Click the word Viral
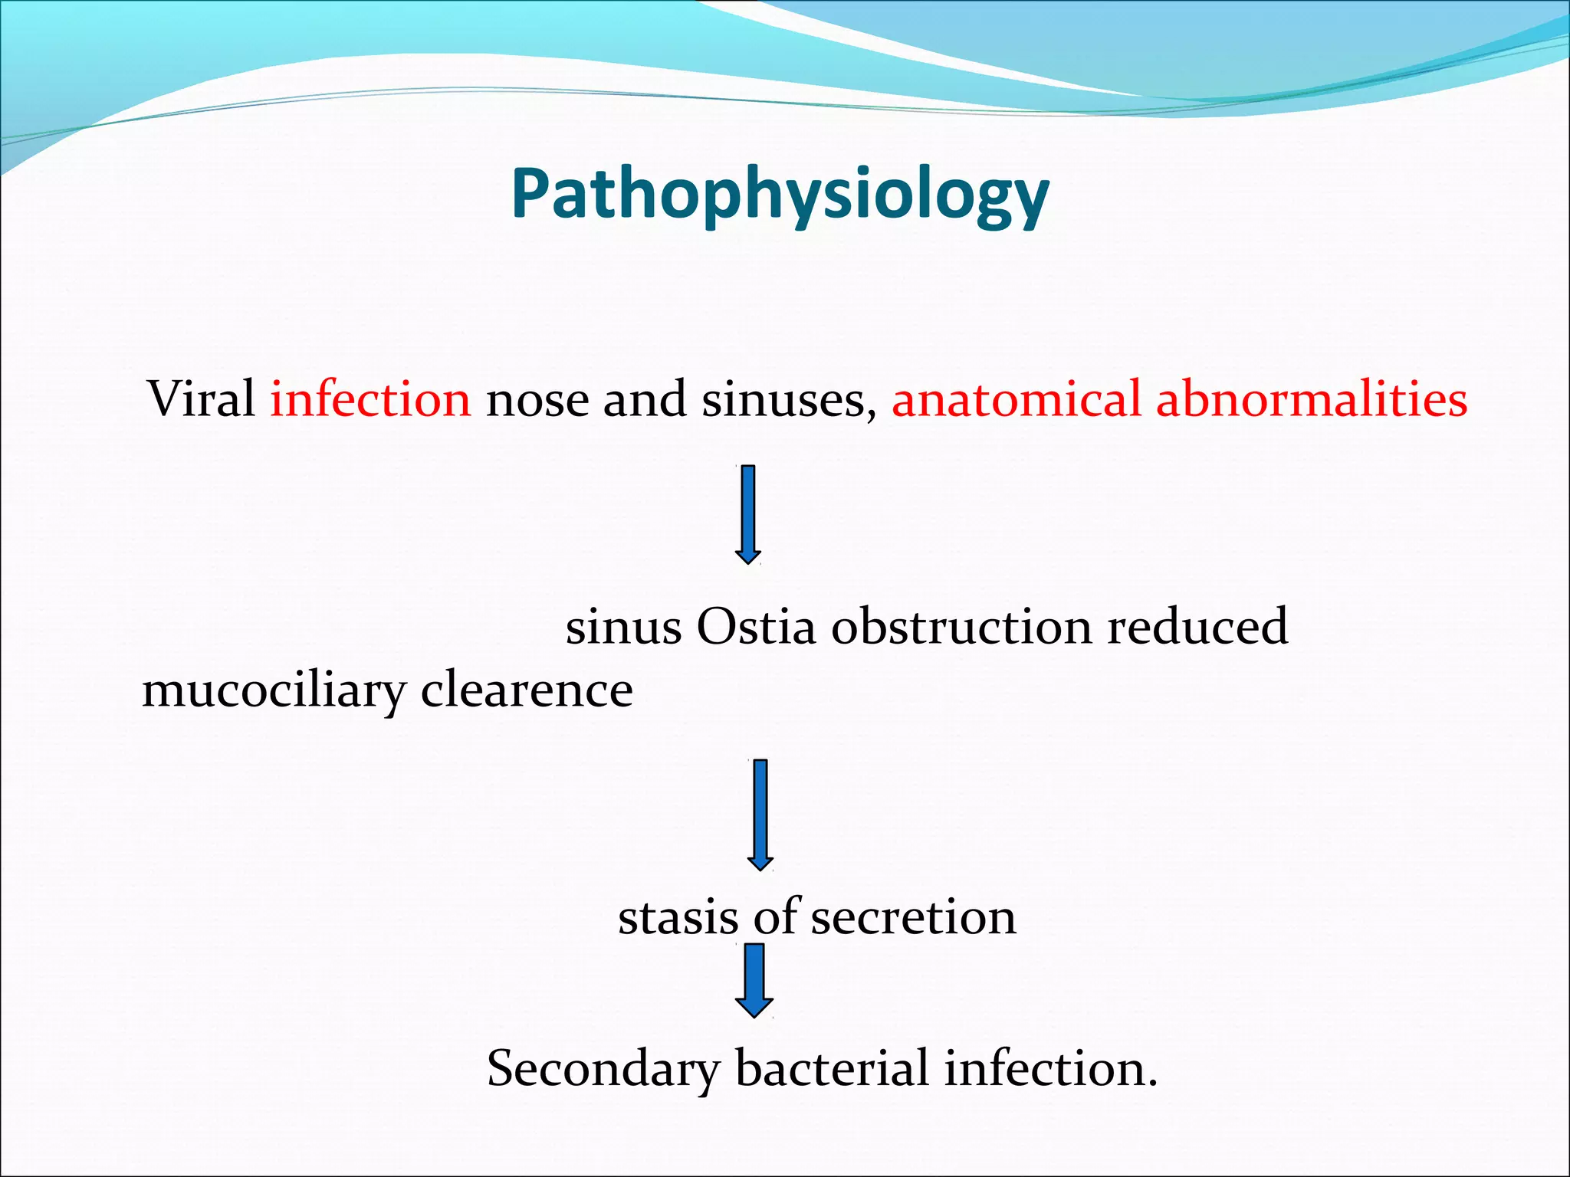[x=201, y=399]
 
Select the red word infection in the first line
[x=370, y=399]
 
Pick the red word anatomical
[x=1016, y=399]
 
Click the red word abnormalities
[x=1311, y=399]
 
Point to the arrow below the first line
[x=748, y=514]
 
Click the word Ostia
[x=755, y=627]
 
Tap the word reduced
[x=1197, y=627]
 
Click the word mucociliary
[x=273, y=691]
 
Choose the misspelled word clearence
[x=527, y=690]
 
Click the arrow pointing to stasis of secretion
[x=760, y=814]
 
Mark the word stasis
[x=678, y=917]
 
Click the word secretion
[x=913, y=917]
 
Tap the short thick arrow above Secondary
[x=754, y=980]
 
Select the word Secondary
[x=603, y=1070]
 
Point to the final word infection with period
[x=1050, y=1068]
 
